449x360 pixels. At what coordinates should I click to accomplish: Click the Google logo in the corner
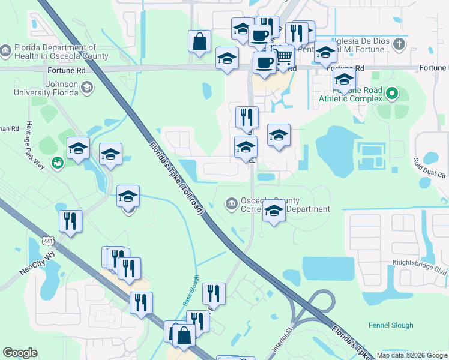20,353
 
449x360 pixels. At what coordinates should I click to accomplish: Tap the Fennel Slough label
391,325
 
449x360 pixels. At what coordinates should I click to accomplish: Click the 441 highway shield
47,241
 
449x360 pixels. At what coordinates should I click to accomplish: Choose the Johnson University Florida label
46,88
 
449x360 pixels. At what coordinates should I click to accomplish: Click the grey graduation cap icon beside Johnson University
87,89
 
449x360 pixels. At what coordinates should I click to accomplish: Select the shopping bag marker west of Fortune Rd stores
199,43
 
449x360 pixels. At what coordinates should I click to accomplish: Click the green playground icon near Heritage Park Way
58,162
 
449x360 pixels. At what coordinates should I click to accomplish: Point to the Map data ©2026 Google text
412,355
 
